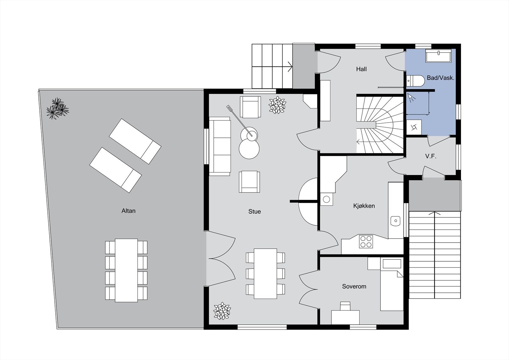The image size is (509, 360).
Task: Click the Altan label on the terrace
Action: pyautogui.click(x=129, y=211)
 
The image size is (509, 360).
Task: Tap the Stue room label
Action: pyautogui.click(x=254, y=211)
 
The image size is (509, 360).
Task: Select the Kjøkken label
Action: pyautogui.click(x=364, y=206)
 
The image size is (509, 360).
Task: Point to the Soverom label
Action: pyautogui.click(x=354, y=286)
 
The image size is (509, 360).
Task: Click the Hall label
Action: pyautogui.click(x=361, y=69)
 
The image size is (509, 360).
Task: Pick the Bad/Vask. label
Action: pyautogui.click(x=441, y=78)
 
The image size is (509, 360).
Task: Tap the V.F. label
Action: pyautogui.click(x=430, y=156)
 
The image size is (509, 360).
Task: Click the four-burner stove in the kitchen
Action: pyautogui.click(x=366, y=241)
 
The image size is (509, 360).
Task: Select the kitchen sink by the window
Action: pyautogui.click(x=395, y=220)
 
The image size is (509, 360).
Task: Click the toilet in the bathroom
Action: pyautogui.click(x=415, y=81)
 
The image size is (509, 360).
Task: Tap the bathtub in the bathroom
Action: pyautogui.click(x=438, y=56)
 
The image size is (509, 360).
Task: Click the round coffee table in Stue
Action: pyautogui.click(x=249, y=149)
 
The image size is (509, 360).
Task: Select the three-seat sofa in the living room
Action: pyautogui.click(x=220, y=146)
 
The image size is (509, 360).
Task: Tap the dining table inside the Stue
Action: pyautogui.click(x=266, y=273)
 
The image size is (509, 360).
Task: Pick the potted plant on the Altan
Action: pyautogui.click(x=57, y=108)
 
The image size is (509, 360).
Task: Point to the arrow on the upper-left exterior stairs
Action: pyautogui.click(x=289, y=67)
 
